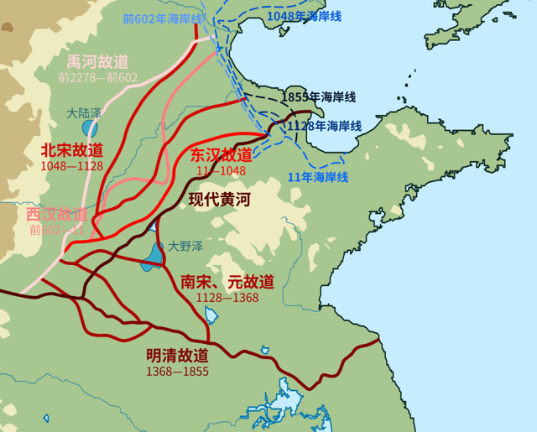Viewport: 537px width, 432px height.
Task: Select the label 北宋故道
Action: (71, 150)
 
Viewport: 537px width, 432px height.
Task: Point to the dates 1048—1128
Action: (71, 166)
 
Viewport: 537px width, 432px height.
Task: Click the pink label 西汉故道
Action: (56, 214)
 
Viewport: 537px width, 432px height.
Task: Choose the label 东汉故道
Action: (221, 155)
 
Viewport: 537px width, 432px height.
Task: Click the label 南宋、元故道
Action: (227, 282)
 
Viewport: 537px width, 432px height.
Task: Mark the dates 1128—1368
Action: (227, 298)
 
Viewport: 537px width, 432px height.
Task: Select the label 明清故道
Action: (177, 356)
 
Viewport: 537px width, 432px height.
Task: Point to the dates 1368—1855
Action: (177, 371)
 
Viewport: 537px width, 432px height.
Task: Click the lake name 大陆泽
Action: (85, 112)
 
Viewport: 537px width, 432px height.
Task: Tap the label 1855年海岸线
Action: (318, 96)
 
